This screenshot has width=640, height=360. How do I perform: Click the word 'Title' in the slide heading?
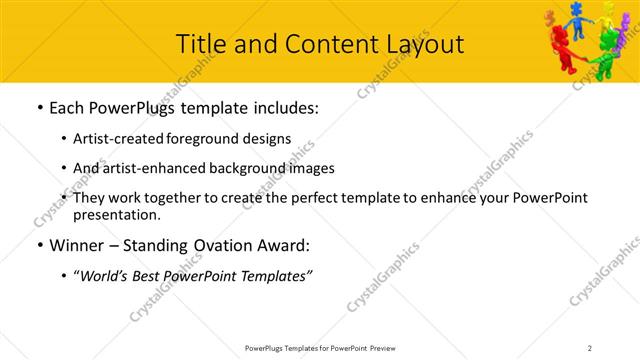(200, 44)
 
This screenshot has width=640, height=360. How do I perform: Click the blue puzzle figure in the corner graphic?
(576, 17)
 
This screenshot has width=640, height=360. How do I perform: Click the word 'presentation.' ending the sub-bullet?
(116, 214)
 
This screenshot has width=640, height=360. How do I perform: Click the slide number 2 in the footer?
(590, 347)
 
